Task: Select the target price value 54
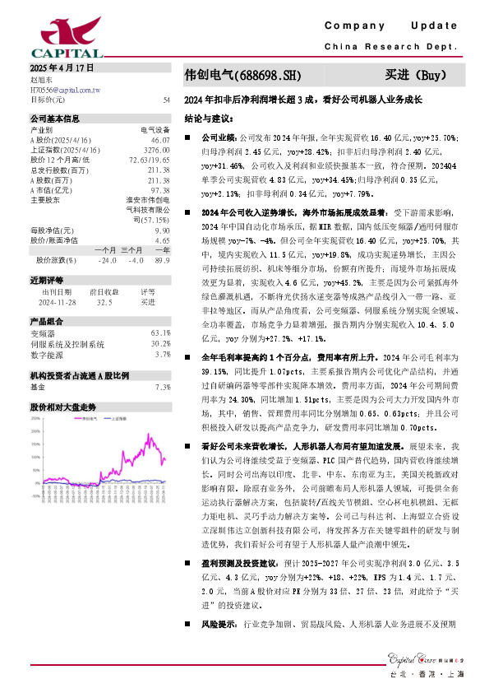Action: (x=166, y=99)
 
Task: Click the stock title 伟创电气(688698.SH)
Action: (x=242, y=76)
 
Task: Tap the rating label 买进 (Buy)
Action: (x=416, y=76)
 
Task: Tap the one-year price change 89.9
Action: (x=162, y=261)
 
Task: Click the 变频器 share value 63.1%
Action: (x=160, y=333)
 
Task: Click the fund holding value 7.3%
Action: (x=162, y=386)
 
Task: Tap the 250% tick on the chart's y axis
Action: (x=36, y=416)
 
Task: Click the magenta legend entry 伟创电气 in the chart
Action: (x=90, y=417)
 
